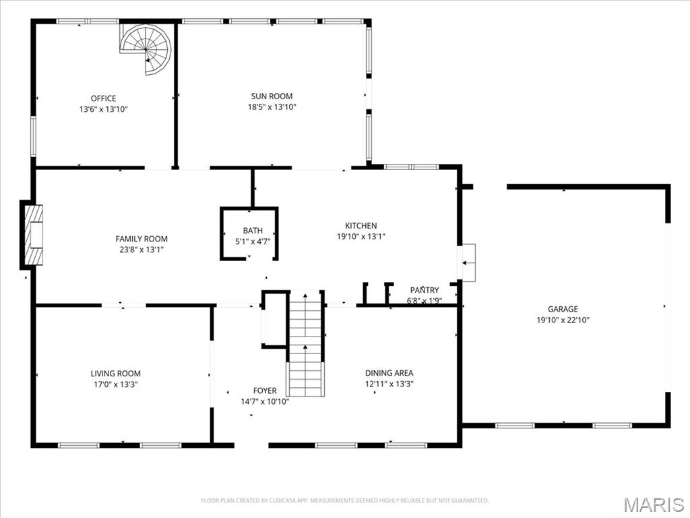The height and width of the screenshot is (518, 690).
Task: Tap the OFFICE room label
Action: coord(103,98)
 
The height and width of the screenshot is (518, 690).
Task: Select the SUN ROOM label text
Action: coord(272,96)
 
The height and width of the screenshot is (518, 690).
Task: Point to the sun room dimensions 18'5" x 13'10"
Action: coord(272,107)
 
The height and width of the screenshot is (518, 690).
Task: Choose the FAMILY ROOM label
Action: coord(142,239)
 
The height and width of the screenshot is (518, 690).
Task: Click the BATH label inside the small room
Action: coord(253,231)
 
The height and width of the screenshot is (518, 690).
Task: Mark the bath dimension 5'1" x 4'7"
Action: coord(253,241)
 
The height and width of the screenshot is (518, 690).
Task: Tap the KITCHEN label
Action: coord(361,226)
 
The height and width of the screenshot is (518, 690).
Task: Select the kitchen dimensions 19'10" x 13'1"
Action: coord(361,237)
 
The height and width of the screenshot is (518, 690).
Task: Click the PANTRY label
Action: coord(425,290)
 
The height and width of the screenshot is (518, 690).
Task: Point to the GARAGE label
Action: coord(562,310)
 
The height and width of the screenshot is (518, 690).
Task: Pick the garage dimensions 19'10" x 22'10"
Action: coord(562,320)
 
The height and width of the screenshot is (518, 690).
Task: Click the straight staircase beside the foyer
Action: coord(306,344)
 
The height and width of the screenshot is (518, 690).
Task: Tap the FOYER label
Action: coord(265,391)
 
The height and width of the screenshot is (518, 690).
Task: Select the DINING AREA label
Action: coord(389,373)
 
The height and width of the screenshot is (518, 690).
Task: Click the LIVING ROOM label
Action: coord(116,374)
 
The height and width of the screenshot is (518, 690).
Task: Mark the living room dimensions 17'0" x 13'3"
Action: coord(116,384)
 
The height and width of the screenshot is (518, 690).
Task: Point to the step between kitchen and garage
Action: coord(467,262)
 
